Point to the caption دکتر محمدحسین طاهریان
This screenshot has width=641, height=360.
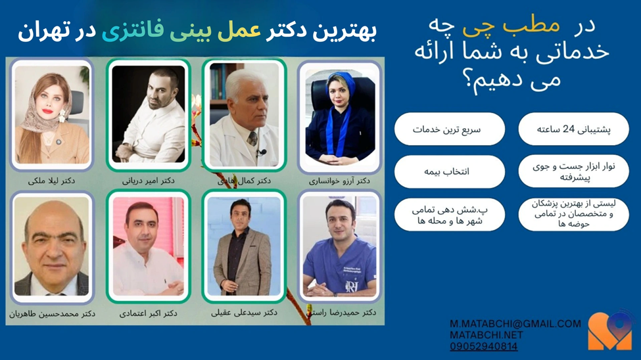pos(52,314)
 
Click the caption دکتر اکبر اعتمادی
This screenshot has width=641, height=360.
pos(148,314)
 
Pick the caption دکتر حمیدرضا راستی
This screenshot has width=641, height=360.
pos(341,313)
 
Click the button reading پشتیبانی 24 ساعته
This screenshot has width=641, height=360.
pos(573,129)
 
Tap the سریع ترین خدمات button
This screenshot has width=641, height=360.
pos(449,129)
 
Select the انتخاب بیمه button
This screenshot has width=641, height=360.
pos(449,171)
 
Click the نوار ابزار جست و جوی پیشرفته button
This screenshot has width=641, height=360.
pos(573,171)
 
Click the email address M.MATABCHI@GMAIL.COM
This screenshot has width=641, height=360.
pos(515,324)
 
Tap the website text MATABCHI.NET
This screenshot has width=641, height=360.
pos(487,335)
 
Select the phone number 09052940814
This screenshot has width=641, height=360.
pos(484,346)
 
